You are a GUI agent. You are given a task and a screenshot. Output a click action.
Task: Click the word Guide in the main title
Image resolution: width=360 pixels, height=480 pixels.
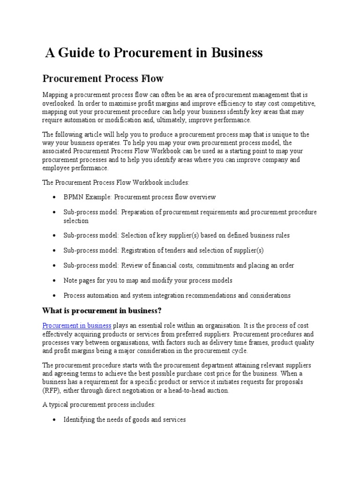tap(76, 53)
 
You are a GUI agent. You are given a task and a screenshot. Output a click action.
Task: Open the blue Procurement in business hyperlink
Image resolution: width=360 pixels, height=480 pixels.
tap(77, 325)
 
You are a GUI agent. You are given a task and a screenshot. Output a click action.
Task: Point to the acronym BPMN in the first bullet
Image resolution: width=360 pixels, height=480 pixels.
tap(74, 197)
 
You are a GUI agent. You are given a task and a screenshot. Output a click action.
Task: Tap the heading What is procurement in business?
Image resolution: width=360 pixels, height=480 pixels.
tap(102, 311)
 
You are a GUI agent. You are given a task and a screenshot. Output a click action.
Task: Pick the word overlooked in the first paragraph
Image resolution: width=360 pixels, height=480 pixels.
tap(57, 103)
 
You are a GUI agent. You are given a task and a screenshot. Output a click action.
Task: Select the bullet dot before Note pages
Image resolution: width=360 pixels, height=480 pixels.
tap(55, 281)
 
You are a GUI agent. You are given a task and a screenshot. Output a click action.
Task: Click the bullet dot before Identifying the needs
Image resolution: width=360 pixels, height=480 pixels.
tap(55, 420)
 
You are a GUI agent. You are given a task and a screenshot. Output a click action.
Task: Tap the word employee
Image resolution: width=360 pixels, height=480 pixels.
tap(56, 168)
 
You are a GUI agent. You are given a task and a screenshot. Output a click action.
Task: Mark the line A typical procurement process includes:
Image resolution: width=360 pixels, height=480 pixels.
tap(95, 405)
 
